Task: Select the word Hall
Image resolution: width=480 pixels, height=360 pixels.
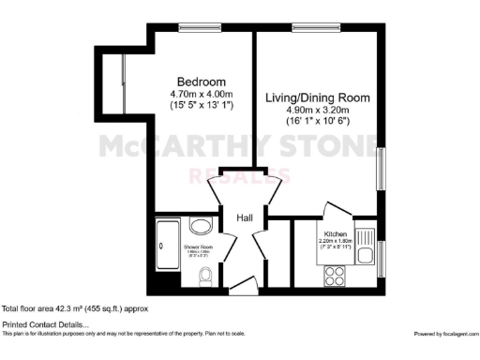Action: (244, 217)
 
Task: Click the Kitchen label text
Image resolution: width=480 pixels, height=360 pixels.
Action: (337, 232)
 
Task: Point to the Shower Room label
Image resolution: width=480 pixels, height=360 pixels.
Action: (198, 247)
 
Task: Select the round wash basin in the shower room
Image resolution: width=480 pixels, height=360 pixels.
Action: (200, 226)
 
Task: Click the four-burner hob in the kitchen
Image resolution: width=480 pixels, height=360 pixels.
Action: (333, 276)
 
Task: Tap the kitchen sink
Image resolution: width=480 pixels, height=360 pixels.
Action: (367, 250)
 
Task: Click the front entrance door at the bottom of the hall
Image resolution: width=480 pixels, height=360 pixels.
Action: (241, 285)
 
